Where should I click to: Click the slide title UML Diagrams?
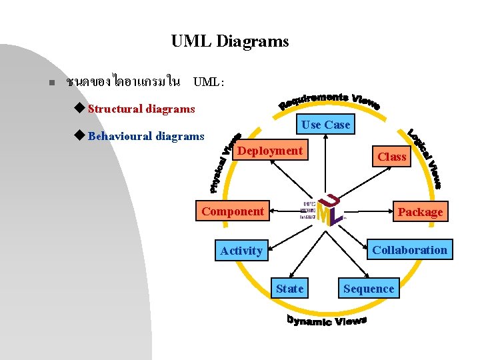pyautogui.click(x=230, y=41)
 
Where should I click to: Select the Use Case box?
pyautogui.click(x=325, y=125)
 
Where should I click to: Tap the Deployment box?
pyautogui.click(x=270, y=151)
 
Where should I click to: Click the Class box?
pyautogui.click(x=391, y=157)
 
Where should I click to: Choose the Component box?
pyautogui.click(x=233, y=211)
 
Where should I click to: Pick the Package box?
pyautogui.click(x=420, y=212)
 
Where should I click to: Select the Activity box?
pyautogui.click(x=241, y=251)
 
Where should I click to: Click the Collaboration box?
pyautogui.click(x=409, y=250)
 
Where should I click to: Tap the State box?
pyautogui.click(x=289, y=289)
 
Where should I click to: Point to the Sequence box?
pyautogui.click(x=369, y=289)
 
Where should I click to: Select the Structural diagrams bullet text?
pyautogui.click(x=141, y=109)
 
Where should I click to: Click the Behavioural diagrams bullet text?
pyautogui.click(x=146, y=137)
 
